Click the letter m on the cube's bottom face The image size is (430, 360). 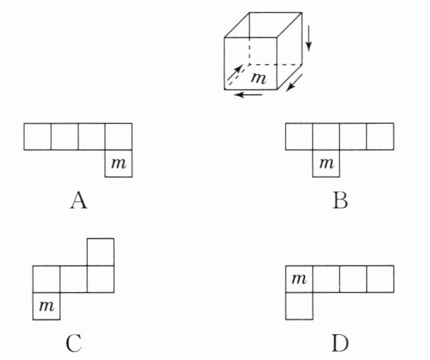pos(259,77)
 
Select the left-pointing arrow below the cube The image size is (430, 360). pos(250,95)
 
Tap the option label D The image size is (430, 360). pos(340,342)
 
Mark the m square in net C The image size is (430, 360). pos(47,305)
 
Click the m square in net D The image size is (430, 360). pos(299,279)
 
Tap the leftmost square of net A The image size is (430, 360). pos(37,136)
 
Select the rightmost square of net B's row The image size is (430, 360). pos(380,136)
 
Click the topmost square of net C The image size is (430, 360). pos(100,251)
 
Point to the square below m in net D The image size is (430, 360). pos(299,306)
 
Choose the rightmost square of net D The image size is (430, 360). pos(380,279)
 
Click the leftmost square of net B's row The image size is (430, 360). pos(299,136)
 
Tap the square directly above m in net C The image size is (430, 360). pos(47,278)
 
